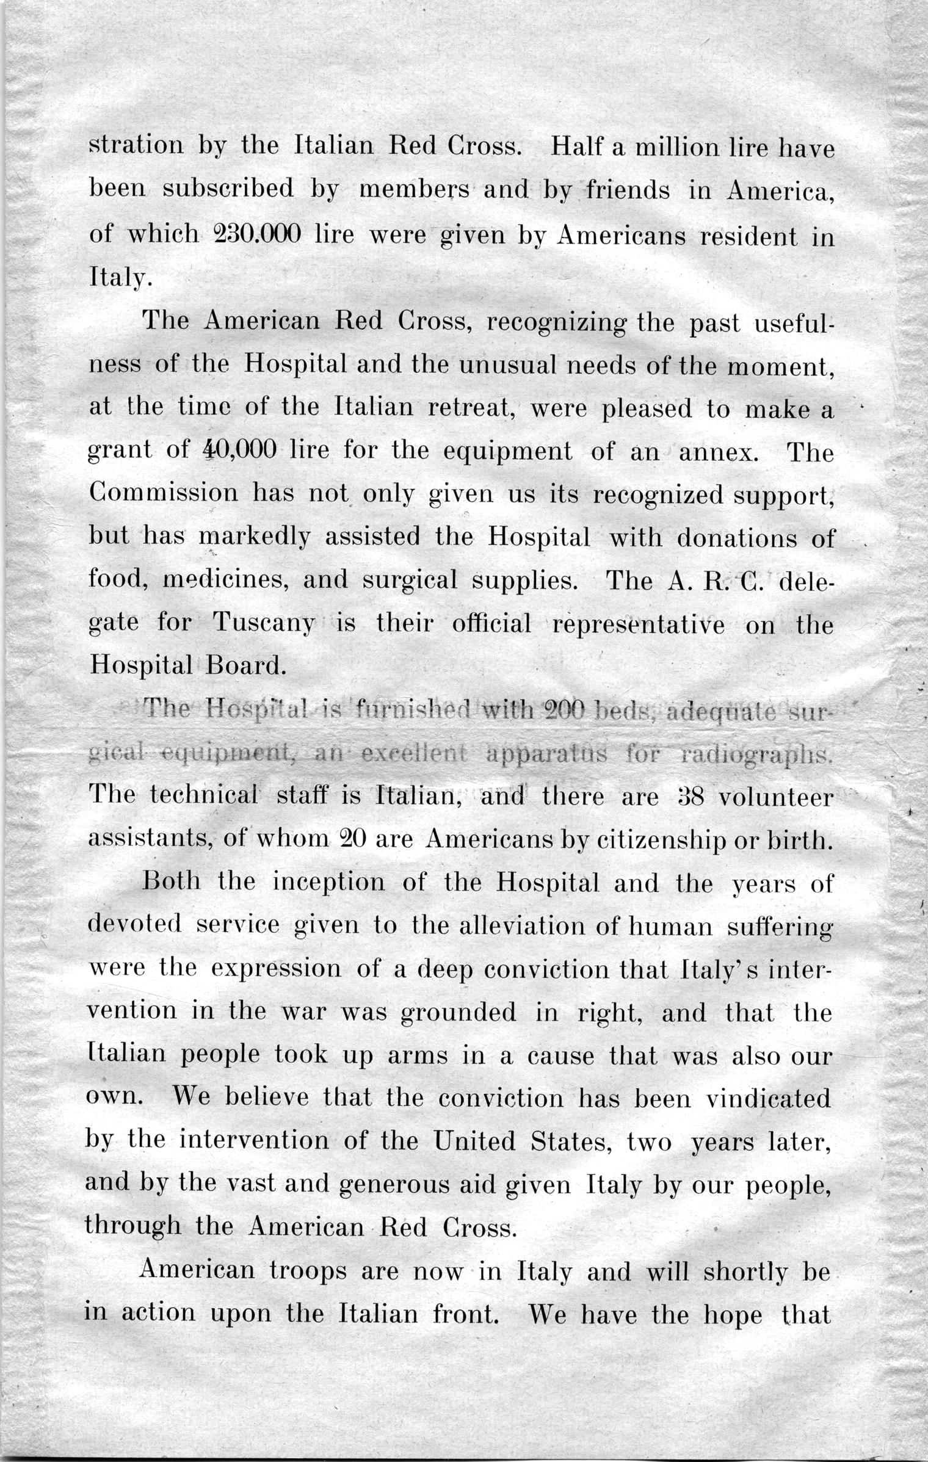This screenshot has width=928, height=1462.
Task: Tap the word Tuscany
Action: pos(264,624)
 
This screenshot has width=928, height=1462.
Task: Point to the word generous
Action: pos(387,1184)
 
